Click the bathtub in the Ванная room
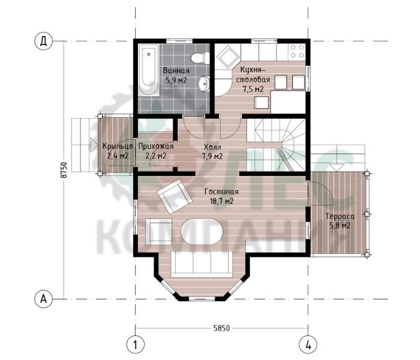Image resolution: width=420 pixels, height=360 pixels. [x=149, y=71]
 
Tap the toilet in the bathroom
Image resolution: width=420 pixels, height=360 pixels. [x=200, y=58]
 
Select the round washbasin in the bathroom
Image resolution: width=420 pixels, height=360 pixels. [x=205, y=83]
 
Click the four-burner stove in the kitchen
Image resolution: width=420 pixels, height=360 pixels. [x=298, y=52]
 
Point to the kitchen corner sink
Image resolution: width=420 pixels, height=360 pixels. [x=227, y=56]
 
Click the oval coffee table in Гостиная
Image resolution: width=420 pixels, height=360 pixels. [x=202, y=232]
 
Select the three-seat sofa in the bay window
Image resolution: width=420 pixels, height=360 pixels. [x=202, y=264]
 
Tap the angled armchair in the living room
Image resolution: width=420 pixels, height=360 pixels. [x=175, y=196]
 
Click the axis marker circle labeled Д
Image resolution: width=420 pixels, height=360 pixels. [x=43, y=41]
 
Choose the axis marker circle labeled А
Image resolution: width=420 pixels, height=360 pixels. [x=43, y=298]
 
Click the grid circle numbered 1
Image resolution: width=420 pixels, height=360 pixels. [x=135, y=344]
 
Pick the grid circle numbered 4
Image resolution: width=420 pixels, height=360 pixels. [x=308, y=344]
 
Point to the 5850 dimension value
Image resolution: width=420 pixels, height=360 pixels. [x=221, y=328]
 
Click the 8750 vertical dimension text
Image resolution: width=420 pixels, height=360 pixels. [x=64, y=170]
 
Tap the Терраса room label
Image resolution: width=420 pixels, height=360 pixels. [x=340, y=216]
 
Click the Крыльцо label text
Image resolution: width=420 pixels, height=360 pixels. [x=118, y=146]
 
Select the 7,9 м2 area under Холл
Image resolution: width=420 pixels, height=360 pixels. [x=212, y=156]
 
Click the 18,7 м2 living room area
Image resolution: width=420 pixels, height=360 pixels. [x=221, y=201]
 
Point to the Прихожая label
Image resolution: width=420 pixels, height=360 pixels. [x=156, y=146]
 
